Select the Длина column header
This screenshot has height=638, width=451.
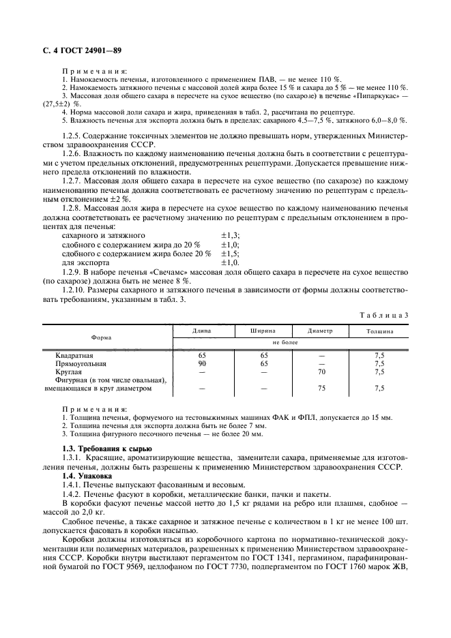201,331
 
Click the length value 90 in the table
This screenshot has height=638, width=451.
201,364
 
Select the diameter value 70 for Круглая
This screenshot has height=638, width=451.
322,372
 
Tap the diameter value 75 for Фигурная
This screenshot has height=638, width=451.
322,389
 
